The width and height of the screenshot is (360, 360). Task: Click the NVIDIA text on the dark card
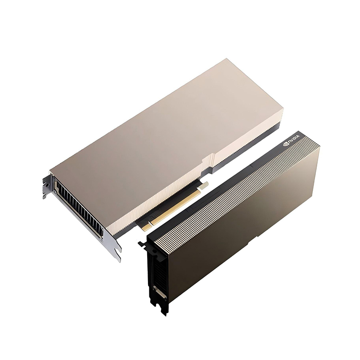(x=294, y=139)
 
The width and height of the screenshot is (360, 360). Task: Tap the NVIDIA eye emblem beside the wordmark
(x=286, y=144)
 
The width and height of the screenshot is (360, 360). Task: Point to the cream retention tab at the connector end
(x=204, y=185)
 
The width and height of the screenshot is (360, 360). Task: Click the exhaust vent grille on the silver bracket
(x=79, y=207)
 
